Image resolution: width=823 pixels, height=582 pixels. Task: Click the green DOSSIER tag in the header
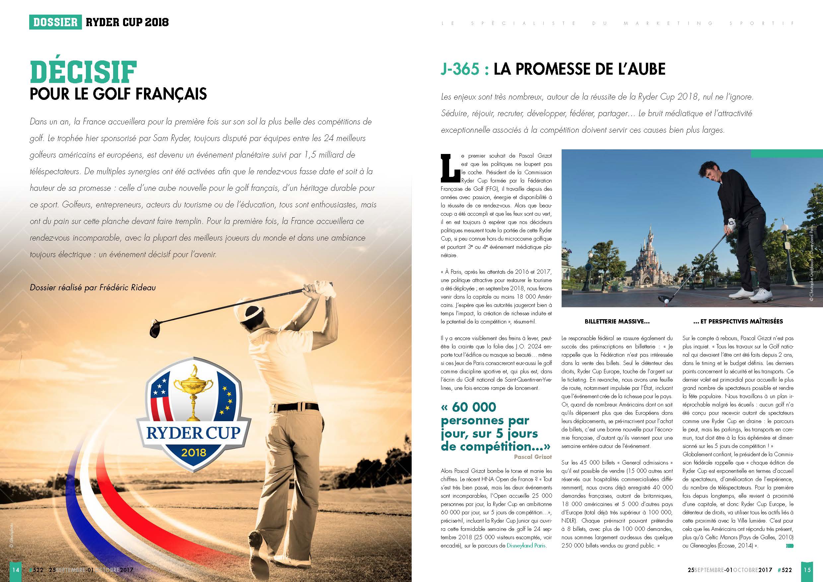click(55, 23)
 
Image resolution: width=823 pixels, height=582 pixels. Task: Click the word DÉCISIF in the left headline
click(83, 72)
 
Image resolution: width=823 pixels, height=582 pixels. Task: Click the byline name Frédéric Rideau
click(128, 288)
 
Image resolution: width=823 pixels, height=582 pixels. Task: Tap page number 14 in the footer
click(15, 569)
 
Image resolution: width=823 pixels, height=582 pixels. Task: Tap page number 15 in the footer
click(807, 569)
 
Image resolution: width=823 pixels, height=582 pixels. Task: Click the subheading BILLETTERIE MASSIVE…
click(617, 322)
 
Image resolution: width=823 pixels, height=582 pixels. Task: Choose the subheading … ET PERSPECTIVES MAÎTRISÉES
click(738, 322)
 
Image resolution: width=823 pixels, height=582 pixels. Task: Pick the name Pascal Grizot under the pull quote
click(533, 457)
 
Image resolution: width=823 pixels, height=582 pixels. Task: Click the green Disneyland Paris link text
click(526, 546)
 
